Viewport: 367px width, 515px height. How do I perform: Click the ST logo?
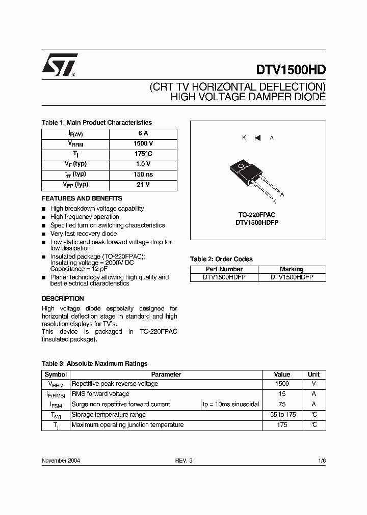point(59,65)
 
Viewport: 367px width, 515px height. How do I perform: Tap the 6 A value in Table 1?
point(143,133)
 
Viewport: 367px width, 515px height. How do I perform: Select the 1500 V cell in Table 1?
point(143,144)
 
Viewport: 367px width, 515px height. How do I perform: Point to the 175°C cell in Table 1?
point(143,154)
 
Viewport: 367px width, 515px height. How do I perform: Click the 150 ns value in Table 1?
point(143,174)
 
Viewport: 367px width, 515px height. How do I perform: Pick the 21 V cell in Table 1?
point(143,185)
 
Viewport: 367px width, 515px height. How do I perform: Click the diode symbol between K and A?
point(257,137)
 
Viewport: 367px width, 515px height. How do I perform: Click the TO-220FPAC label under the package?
point(257,215)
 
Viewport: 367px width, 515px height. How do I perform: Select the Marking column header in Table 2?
point(292,269)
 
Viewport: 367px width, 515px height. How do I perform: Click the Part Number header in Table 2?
point(224,269)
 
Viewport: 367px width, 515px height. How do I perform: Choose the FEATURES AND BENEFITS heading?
point(82,198)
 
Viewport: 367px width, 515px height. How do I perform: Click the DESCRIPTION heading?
point(63,299)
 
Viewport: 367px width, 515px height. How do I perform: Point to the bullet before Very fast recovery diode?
point(44,234)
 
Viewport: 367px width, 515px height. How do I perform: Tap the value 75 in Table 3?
point(282,404)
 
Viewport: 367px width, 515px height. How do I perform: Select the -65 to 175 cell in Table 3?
point(282,414)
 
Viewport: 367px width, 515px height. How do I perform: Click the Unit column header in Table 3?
point(314,375)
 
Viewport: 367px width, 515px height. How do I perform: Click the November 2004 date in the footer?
point(61,460)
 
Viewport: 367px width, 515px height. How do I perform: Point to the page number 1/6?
point(321,460)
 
